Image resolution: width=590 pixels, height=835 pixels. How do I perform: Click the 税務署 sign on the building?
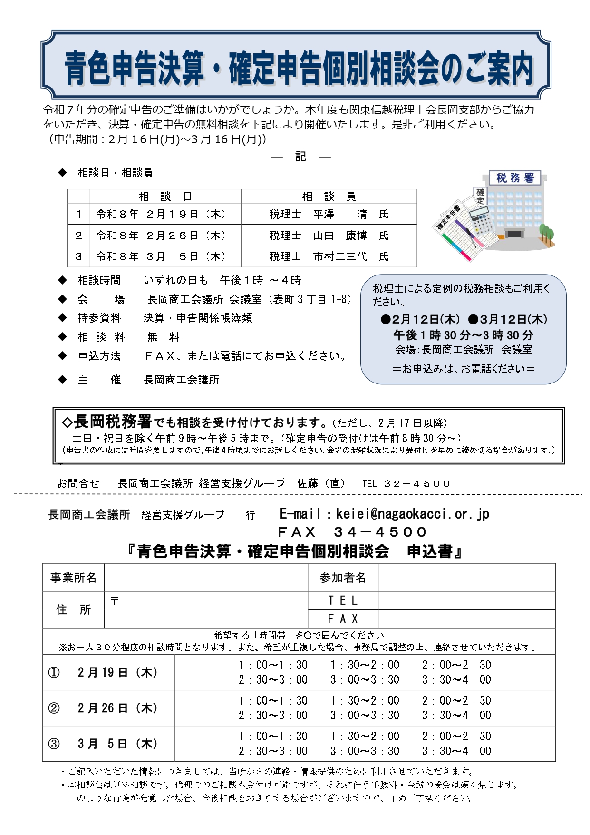click(515, 178)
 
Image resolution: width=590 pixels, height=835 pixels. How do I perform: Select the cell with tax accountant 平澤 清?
click(329, 214)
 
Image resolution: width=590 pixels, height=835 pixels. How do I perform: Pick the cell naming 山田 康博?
click(329, 236)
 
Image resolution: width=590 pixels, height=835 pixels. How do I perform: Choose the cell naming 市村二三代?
click(329, 256)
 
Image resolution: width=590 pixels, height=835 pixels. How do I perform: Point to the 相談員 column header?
click(329, 196)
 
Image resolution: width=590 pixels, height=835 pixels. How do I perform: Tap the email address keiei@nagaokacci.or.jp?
click(412, 514)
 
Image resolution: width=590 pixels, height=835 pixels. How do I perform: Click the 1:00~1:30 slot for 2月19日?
click(273, 665)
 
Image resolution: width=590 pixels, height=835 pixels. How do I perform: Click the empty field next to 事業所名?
click(206, 578)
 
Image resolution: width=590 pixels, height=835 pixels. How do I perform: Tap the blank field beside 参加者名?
click(466, 578)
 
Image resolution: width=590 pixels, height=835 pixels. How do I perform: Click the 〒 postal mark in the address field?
click(114, 600)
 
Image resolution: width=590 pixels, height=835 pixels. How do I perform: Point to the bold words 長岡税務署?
click(113, 422)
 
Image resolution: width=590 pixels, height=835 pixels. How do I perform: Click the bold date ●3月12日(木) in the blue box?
click(507, 319)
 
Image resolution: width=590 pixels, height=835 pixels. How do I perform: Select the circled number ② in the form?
click(54, 708)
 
